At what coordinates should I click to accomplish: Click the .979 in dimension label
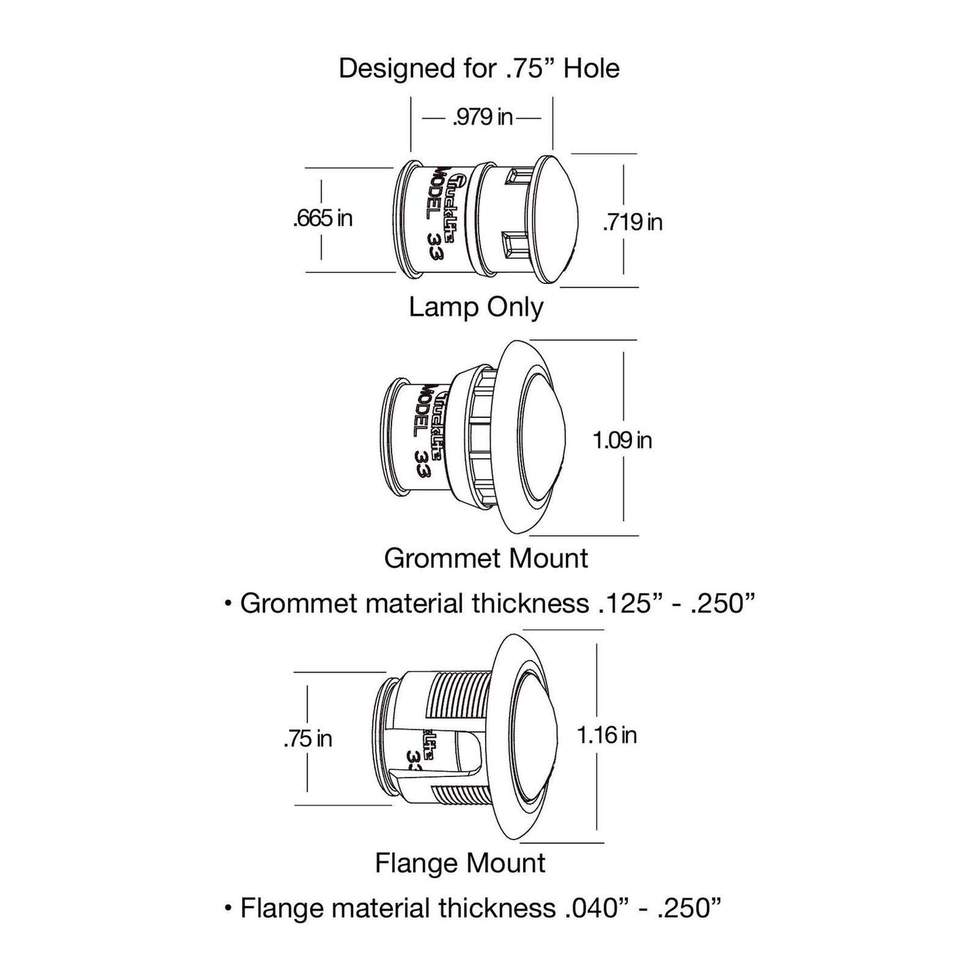coord(482,117)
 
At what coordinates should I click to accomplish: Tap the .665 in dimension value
coord(323,219)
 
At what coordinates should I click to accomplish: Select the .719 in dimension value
coord(633,222)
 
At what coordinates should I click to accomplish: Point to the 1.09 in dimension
coord(622,440)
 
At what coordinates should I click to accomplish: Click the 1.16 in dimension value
coord(606,735)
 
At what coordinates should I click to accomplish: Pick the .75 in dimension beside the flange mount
coord(308,738)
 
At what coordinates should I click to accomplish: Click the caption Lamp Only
coord(476,307)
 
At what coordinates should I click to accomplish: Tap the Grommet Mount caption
coord(486,558)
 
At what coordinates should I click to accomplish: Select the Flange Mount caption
coord(460,863)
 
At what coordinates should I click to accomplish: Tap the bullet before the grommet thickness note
coord(228,604)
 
